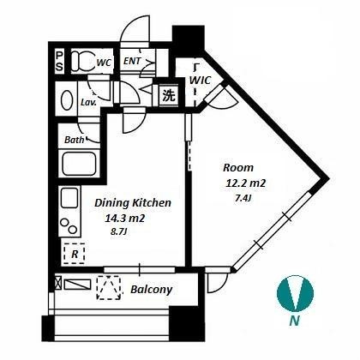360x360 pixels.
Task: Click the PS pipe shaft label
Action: [59, 62]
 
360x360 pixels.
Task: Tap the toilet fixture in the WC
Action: [82, 61]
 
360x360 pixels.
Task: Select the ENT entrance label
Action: [132, 61]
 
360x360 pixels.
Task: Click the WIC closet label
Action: [200, 80]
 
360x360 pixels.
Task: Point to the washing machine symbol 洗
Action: [169, 96]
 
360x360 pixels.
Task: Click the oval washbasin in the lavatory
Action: [67, 100]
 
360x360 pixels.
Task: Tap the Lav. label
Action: [88, 102]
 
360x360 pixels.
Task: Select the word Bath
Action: [75, 140]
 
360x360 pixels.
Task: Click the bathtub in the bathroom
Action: [79, 164]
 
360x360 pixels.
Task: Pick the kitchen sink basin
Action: [69, 198]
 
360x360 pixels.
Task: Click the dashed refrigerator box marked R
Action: [75, 254]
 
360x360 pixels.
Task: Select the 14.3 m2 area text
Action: [125, 219]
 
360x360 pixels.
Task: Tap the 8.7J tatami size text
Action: [118, 231]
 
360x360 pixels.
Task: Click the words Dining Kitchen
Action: [133, 203]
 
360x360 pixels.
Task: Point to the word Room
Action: [238, 167]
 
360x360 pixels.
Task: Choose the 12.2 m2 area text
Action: [246, 183]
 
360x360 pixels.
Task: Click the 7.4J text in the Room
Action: [243, 198]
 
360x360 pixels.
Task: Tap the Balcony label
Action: [152, 290]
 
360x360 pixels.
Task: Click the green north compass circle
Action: [295, 293]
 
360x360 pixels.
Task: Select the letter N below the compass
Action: [294, 321]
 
